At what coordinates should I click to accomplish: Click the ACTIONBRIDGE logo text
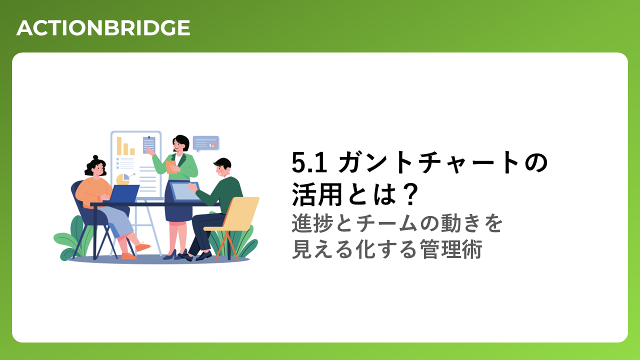[x=103, y=28]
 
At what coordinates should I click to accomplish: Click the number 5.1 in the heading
[x=309, y=162]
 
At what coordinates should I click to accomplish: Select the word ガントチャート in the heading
[x=429, y=162]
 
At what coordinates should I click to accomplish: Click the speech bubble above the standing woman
[x=205, y=143]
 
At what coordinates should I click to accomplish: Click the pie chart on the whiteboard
[x=123, y=179]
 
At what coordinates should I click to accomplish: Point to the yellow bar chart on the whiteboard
[x=125, y=146]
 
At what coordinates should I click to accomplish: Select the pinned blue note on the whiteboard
[x=149, y=144]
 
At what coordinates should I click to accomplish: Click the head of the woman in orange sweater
[x=95, y=166]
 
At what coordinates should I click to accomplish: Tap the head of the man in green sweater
[x=222, y=167]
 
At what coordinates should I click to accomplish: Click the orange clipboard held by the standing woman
[x=171, y=167]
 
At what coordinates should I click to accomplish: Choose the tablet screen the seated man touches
[x=184, y=191]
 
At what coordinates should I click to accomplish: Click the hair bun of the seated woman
[x=95, y=157]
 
